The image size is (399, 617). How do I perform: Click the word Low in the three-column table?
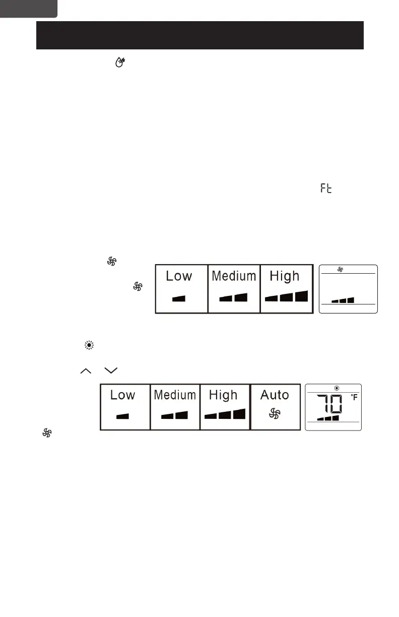coord(179,276)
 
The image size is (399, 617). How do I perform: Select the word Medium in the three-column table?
coord(234,276)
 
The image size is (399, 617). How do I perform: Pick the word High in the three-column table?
coord(285,276)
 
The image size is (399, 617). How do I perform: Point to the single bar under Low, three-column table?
coord(178,298)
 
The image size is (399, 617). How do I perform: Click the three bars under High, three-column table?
coord(286,296)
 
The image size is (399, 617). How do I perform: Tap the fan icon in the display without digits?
coord(340,270)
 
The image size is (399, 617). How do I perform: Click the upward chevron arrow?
coord(85,371)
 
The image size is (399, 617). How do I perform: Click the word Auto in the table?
coord(275,395)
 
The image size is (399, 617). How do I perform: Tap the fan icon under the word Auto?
coord(275,414)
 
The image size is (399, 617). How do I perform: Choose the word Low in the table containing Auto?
coord(123,395)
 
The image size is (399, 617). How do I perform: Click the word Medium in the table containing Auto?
coord(175,395)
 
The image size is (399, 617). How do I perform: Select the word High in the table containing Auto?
coord(223,395)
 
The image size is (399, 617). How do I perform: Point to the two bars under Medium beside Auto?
coord(174,415)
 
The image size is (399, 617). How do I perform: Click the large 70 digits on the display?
coord(330,404)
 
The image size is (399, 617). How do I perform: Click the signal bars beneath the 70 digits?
coord(328,418)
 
